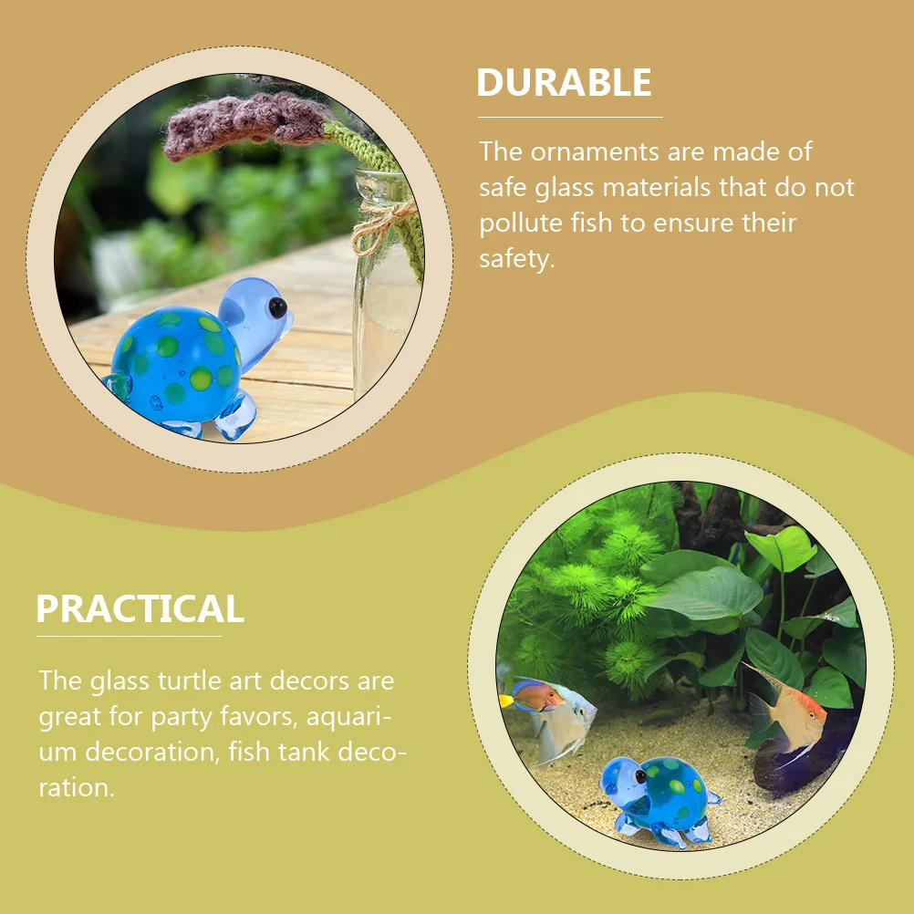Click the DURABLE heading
(x=564, y=83)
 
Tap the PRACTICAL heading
(x=140, y=608)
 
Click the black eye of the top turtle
(x=276, y=306)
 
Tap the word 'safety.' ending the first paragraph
(x=516, y=259)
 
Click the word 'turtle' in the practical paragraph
(x=206, y=681)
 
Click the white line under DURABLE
(x=570, y=118)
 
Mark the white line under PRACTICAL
(x=129, y=636)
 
